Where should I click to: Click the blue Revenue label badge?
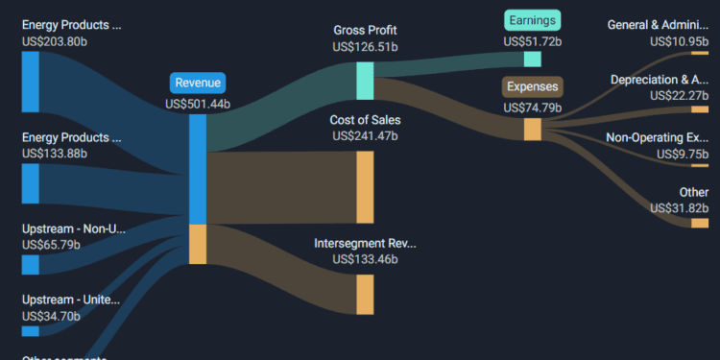click(x=198, y=83)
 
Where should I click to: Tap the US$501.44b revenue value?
click(x=198, y=104)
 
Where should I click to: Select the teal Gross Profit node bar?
click(x=365, y=81)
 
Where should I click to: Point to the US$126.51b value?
click(x=365, y=46)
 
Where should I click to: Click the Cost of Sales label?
click(x=365, y=120)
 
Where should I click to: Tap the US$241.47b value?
click(x=365, y=136)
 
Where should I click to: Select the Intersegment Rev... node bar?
click(x=365, y=294)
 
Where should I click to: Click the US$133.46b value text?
click(x=365, y=259)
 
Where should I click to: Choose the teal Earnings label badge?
click(x=532, y=20)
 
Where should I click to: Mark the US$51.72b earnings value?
click(x=532, y=41)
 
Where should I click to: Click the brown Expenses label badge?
click(x=532, y=86)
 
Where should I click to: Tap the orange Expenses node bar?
click(x=532, y=129)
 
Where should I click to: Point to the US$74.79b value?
click(x=532, y=108)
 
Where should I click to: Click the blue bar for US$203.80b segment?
click(x=31, y=82)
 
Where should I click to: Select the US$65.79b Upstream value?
click(x=55, y=245)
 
